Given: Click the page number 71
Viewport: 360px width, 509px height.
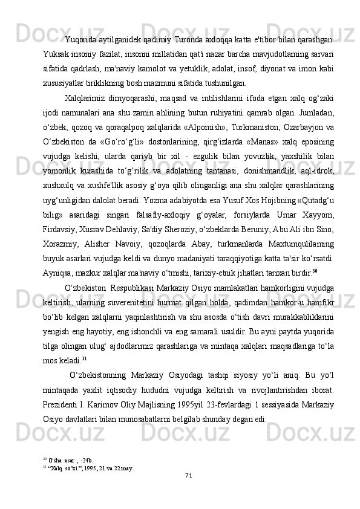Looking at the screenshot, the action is click(x=188, y=475).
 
